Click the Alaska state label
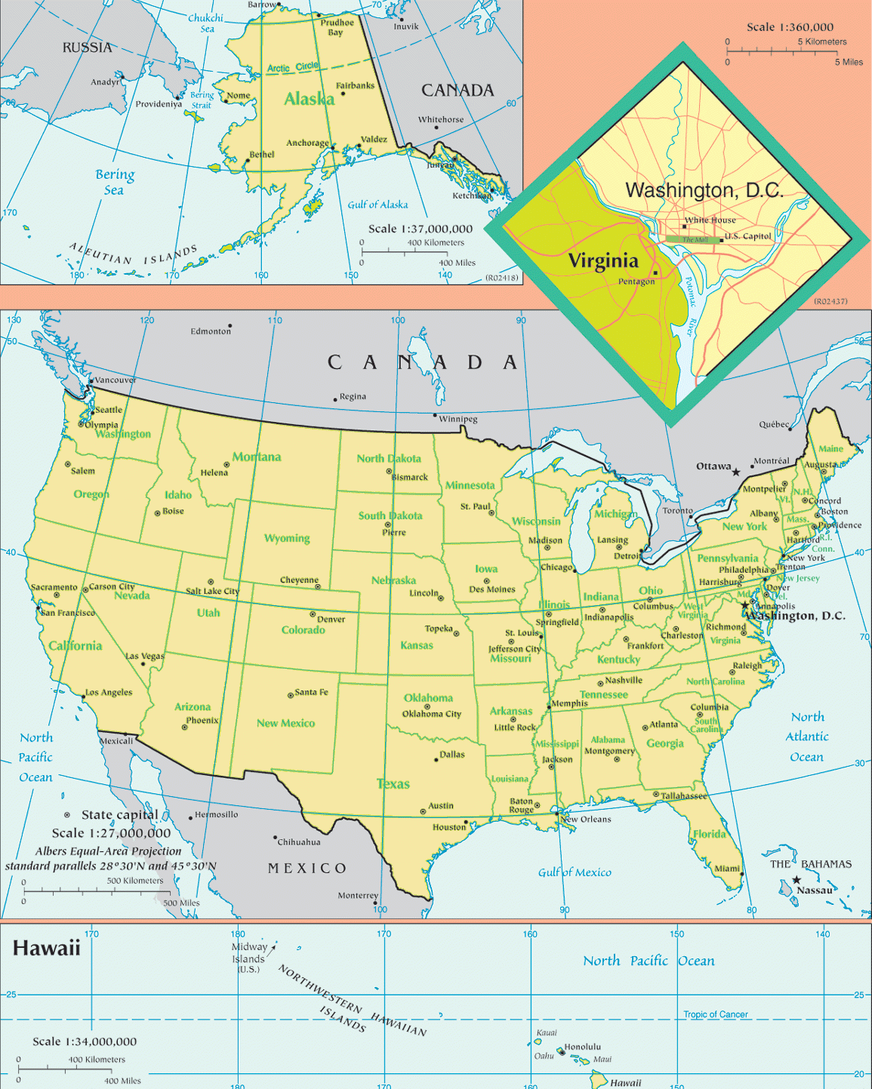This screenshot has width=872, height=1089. [309, 99]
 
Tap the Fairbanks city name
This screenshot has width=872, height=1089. [355, 85]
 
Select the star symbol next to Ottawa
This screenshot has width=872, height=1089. [736, 472]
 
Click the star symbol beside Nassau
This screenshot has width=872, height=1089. [796, 880]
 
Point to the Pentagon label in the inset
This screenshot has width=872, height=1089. [636, 281]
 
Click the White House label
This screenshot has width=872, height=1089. [710, 220]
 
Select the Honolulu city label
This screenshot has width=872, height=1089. [583, 1047]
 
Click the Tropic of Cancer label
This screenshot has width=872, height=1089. [715, 1014]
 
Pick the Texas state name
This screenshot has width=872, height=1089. [393, 784]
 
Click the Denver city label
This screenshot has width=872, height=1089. [331, 619]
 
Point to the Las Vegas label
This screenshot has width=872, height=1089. [144, 656]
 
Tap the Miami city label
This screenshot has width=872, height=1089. [726, 869]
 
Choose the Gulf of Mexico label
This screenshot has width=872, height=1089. [575, 872]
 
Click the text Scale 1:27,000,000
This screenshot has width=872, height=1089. [111, 833]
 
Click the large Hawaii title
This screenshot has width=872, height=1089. [46, 948]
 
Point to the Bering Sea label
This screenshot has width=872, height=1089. [115, 182]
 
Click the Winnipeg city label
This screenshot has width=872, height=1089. [458, 419]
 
